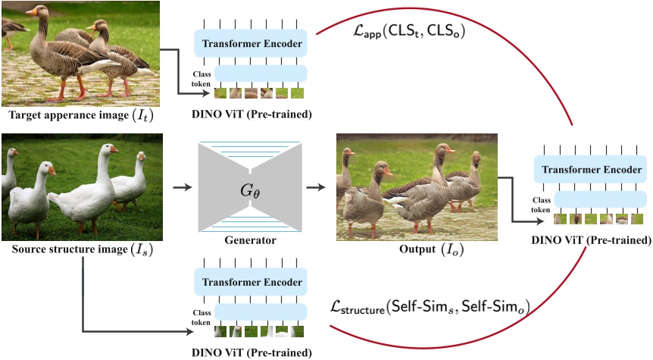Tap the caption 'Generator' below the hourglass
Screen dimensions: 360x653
pyautogui.click(x=251, y=241)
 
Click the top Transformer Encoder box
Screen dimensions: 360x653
pyautogui.click(x=251, y=44)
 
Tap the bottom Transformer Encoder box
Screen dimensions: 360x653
pyautogui.click(x=251, y=282)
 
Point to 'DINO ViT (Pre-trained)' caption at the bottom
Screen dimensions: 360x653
pyautogui.click(x=251, y=352)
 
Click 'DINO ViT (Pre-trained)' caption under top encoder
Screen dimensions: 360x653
pyautogui.click(x=251, y=114)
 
